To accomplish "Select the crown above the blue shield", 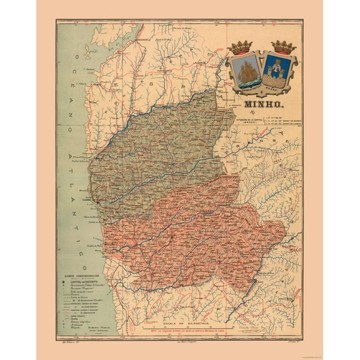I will [x=282, y=47].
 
